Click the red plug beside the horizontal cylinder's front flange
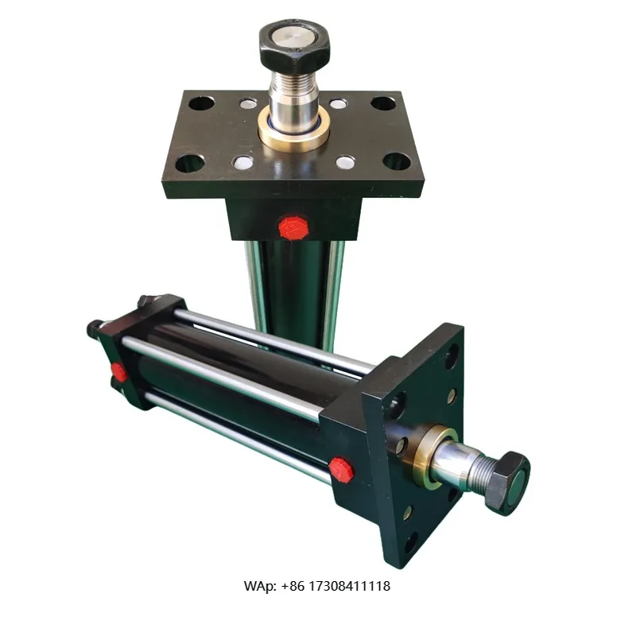click(341, 468)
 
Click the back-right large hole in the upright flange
click(383, 103)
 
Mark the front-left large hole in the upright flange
click(190, 163)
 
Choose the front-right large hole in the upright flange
click(397, 162)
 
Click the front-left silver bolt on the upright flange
click(243, 162)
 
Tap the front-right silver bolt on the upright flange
click(345, 162)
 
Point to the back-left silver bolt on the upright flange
click(248, 103)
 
